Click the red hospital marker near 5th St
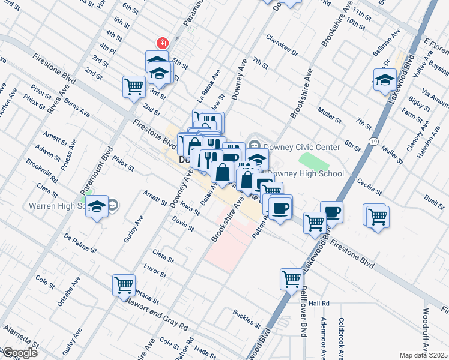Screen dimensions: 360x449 (161, 43)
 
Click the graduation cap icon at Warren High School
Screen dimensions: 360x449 (96, 207)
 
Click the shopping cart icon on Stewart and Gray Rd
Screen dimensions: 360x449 (124, 285)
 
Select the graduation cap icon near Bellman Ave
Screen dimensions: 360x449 (384, 79)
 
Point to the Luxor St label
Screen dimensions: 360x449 (155, 271)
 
